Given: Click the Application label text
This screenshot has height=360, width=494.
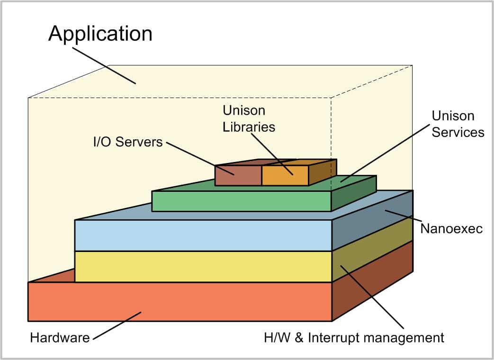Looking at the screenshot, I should coord(100,34).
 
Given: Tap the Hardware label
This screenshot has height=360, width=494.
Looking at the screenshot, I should coord(60,338).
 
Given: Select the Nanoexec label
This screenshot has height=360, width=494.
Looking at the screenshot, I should coord(451,229).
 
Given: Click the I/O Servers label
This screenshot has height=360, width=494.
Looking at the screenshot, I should coord(127,141).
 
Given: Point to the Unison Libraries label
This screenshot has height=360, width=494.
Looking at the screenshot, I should coord(249,119).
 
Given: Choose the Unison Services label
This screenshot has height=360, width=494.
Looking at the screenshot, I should coord(458,124).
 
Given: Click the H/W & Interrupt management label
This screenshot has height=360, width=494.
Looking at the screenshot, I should coord(354,338).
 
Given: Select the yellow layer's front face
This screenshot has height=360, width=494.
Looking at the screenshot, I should coord(203,266).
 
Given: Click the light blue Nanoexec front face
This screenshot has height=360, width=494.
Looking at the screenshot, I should coord(203,235).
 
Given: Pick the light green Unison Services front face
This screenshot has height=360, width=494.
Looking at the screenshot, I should coord(241,201).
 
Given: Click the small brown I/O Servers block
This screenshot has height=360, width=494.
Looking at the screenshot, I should coord(238,175).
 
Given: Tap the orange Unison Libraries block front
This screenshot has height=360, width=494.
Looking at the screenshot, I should coord(285,175).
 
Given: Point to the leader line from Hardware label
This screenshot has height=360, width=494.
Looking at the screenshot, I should coord(117,325).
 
